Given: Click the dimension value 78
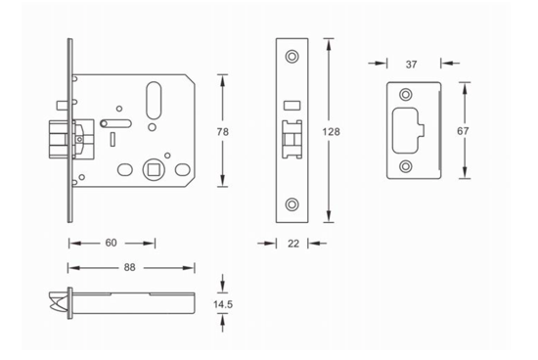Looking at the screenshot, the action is (x=223, y=132).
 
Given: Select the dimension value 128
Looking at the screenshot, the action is (x=331, y=132).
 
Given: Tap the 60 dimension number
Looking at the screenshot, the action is (x=111, y=243).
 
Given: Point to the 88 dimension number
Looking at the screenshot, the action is (x=130, y=267).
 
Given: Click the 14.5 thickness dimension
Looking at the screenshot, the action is (x=223, y=304).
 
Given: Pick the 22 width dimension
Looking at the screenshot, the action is (x=293, y=244).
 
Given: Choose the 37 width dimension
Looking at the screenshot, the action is (x=412, y=65).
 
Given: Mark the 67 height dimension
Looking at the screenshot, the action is (x=463, y=131).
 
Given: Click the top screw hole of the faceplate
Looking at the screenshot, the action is (x=292, y=57).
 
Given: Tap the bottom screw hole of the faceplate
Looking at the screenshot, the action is (x=292, y=204).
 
